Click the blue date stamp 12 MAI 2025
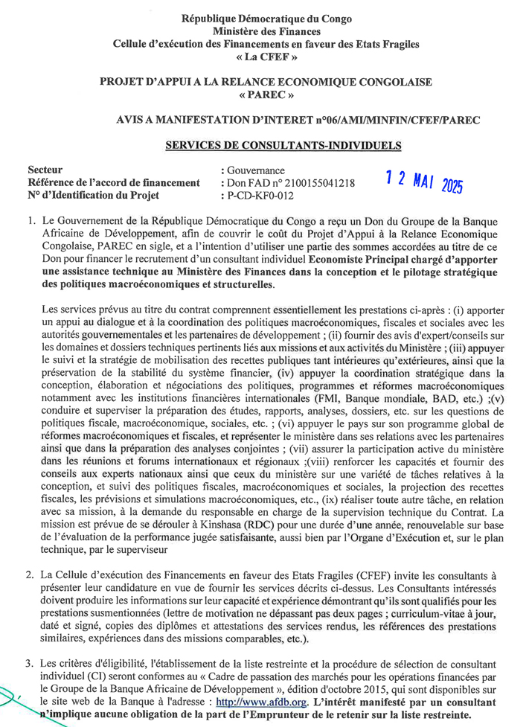coord(424,181)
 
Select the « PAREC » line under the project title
coord(266,95)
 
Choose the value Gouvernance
coord(255,170)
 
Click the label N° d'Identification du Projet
coord(94,196)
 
